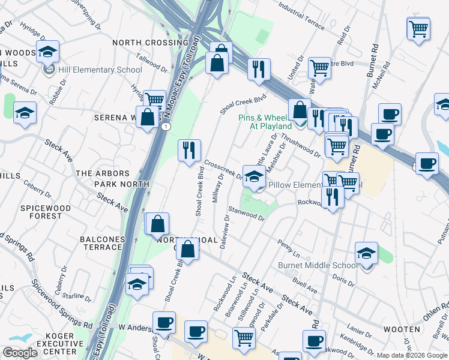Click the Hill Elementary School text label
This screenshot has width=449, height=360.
tap(100, 70)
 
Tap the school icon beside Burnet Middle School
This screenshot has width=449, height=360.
tap(366, 253)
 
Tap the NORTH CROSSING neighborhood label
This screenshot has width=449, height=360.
tap(150, 43)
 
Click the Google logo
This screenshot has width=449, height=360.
tap(20, 353)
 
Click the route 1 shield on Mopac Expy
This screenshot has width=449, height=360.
tap(164, 126)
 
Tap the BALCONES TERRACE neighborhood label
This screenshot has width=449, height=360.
tap(101, 243)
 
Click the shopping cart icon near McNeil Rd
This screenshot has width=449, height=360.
tap(418, 28)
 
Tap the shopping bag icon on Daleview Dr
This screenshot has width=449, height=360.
tap(187, 250)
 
